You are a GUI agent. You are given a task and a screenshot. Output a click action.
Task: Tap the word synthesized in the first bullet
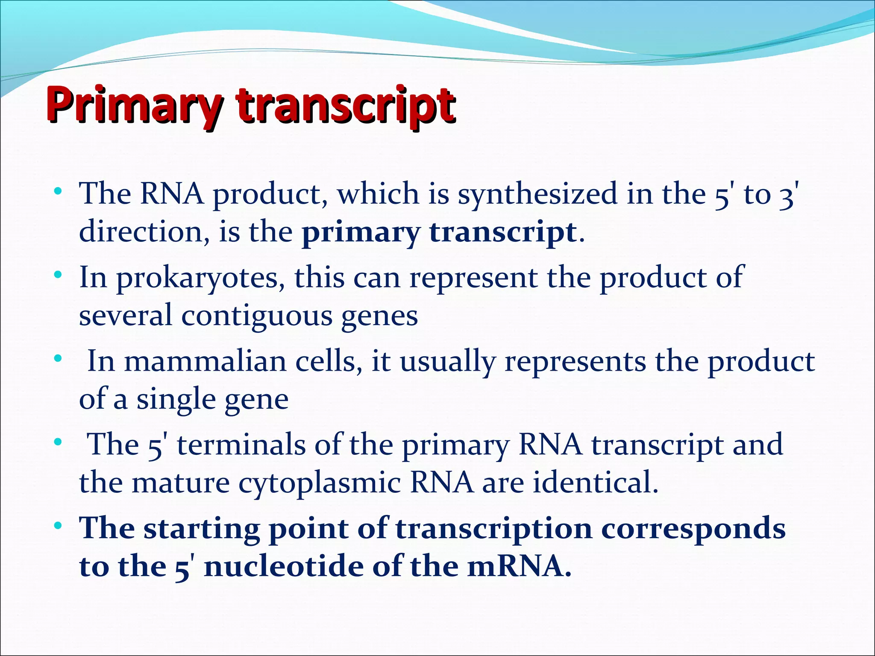click(537, 194)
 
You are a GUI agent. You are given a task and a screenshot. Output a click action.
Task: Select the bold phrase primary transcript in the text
click(439, 232)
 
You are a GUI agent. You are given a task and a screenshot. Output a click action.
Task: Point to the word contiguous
click(257, 316)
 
